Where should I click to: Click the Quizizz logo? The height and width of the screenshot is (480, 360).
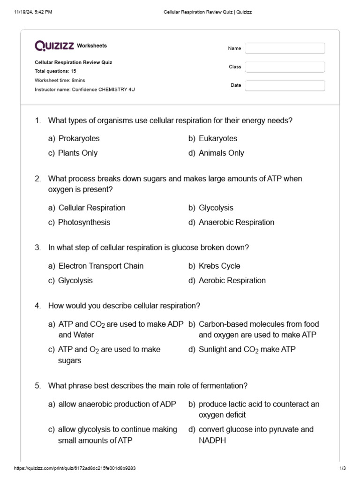tap(54, 45)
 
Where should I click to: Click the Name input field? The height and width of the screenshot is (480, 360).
tap(285, 48)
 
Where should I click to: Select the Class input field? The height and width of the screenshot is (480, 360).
tap(285, 67)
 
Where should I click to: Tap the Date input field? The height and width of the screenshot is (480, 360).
tap(285, 85)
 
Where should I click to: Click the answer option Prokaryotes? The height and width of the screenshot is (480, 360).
tap(79, 139)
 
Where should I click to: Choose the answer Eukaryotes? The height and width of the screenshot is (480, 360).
tap(218, 139)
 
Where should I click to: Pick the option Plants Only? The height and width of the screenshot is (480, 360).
tap(78, 153)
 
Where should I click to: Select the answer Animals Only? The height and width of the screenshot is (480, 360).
tap(221, 153)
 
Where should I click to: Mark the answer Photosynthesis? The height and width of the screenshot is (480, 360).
tap(84, 223)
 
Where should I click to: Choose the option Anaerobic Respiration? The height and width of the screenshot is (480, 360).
tap(236, 223)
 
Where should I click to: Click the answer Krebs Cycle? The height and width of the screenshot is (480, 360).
tap(219, 266)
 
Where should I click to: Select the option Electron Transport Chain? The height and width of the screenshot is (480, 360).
tap(101, 266)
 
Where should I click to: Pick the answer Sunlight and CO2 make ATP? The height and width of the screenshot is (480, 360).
tap(247, 350)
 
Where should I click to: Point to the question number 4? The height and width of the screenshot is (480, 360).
tap(37, 306)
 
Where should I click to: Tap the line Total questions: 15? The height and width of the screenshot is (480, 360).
tap(55, 71)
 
